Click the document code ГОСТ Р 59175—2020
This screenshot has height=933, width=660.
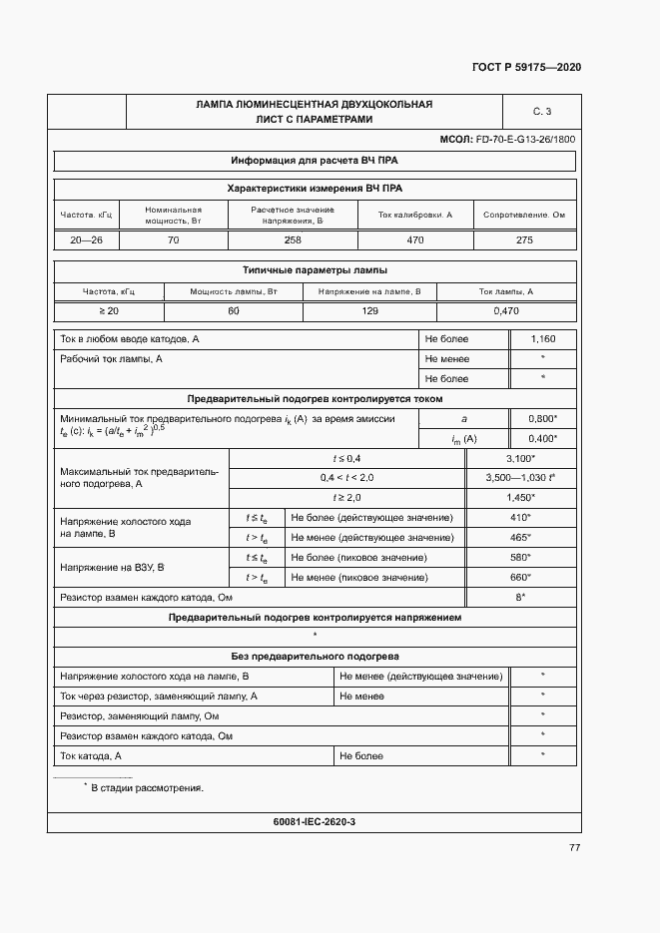(x=526, y=67)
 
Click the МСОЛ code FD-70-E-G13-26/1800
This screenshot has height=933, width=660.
(x=507, y=140)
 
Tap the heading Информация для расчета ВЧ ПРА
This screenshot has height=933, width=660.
(x=315, y=160)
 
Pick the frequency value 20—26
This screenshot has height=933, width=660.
(x=87, y=240)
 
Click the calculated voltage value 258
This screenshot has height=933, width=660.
(x=292, y=240)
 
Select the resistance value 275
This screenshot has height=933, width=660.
(x=524, y=240)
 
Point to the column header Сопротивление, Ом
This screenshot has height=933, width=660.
(x=524, y=215)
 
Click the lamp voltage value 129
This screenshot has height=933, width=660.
(x=369, y=312)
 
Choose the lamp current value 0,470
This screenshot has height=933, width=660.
(x=506, y=312)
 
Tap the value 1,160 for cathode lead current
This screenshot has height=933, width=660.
(x=542, y=339)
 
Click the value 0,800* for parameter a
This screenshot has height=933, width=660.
(x=542, y=419)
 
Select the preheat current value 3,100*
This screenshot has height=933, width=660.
(x=520, y=458)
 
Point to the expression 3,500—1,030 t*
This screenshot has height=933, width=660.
(x=519, y=478)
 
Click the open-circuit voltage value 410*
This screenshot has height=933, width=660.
(x=520, y=518)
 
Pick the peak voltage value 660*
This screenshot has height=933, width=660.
(x=520, y=578)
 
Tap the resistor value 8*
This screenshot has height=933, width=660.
(x=520, y=598)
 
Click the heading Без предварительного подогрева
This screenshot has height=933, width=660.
(x=315, y=657)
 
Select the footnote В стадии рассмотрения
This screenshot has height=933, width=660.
(x=146, y=787)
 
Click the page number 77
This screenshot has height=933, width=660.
(x=574, y=847)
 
